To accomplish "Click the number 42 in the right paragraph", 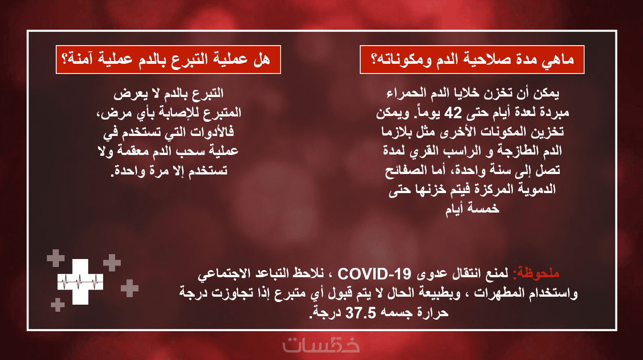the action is [x=453, y=112].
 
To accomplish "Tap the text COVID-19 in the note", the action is [x=374, y=274].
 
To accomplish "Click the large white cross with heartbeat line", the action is [x=81, y=282].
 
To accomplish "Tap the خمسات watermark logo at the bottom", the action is [x=321, y=345].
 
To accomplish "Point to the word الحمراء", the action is [x=405, y=94].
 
